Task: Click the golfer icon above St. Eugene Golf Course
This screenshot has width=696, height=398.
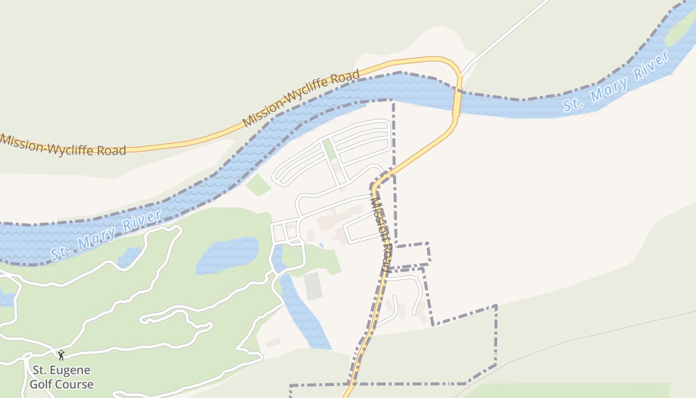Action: point(61,355)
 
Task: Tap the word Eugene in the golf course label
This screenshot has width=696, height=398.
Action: point(69,371)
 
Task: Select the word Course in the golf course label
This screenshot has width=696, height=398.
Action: point(75,385)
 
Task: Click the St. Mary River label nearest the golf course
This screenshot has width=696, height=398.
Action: point(106,235)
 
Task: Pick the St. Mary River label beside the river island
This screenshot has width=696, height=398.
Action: point(616,82)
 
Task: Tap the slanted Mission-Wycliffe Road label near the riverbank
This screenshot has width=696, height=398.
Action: point(301,99)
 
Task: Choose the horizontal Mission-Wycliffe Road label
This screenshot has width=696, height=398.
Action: point(63,144)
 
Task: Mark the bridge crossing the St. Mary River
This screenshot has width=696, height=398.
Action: point(457,102)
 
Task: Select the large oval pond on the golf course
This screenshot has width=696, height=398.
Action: point(227,255)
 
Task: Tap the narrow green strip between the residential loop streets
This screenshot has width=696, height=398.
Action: point(329,150)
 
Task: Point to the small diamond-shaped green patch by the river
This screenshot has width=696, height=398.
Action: point(258,186)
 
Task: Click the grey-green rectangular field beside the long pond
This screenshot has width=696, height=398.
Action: point(313,286)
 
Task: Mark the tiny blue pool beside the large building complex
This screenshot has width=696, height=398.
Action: point(321,245)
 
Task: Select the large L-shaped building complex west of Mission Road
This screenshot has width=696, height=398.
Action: point(338,222)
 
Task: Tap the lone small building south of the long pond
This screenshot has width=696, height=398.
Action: point(273,342)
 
